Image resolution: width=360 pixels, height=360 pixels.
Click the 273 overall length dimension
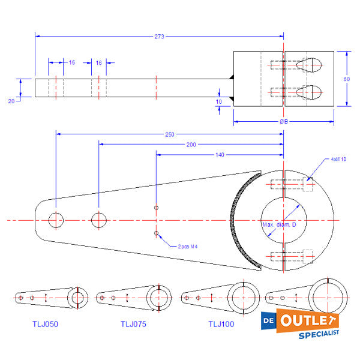160,37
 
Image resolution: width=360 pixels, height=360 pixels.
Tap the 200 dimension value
191,145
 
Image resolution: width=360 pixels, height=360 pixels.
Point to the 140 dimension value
220,155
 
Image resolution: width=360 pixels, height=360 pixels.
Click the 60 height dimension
346,79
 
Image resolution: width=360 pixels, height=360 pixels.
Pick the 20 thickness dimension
11,101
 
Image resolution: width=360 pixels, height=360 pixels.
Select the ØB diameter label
284,122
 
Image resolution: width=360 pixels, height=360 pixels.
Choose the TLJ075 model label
134,324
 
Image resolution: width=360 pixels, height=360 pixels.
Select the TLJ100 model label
221,324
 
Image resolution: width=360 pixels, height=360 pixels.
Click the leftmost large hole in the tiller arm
55,220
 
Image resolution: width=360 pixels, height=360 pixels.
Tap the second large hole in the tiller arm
98,220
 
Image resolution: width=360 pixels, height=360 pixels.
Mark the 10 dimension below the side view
218,102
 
